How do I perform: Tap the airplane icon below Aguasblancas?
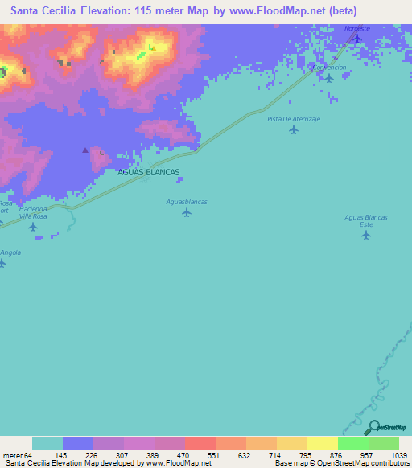187,212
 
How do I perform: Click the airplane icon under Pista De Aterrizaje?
293,129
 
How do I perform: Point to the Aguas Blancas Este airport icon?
366,235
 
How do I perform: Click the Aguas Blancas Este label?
366,221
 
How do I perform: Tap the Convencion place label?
329,68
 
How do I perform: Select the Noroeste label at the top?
358,28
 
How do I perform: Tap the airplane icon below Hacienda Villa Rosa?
32,227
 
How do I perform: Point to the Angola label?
10,252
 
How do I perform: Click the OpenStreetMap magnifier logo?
373,427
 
